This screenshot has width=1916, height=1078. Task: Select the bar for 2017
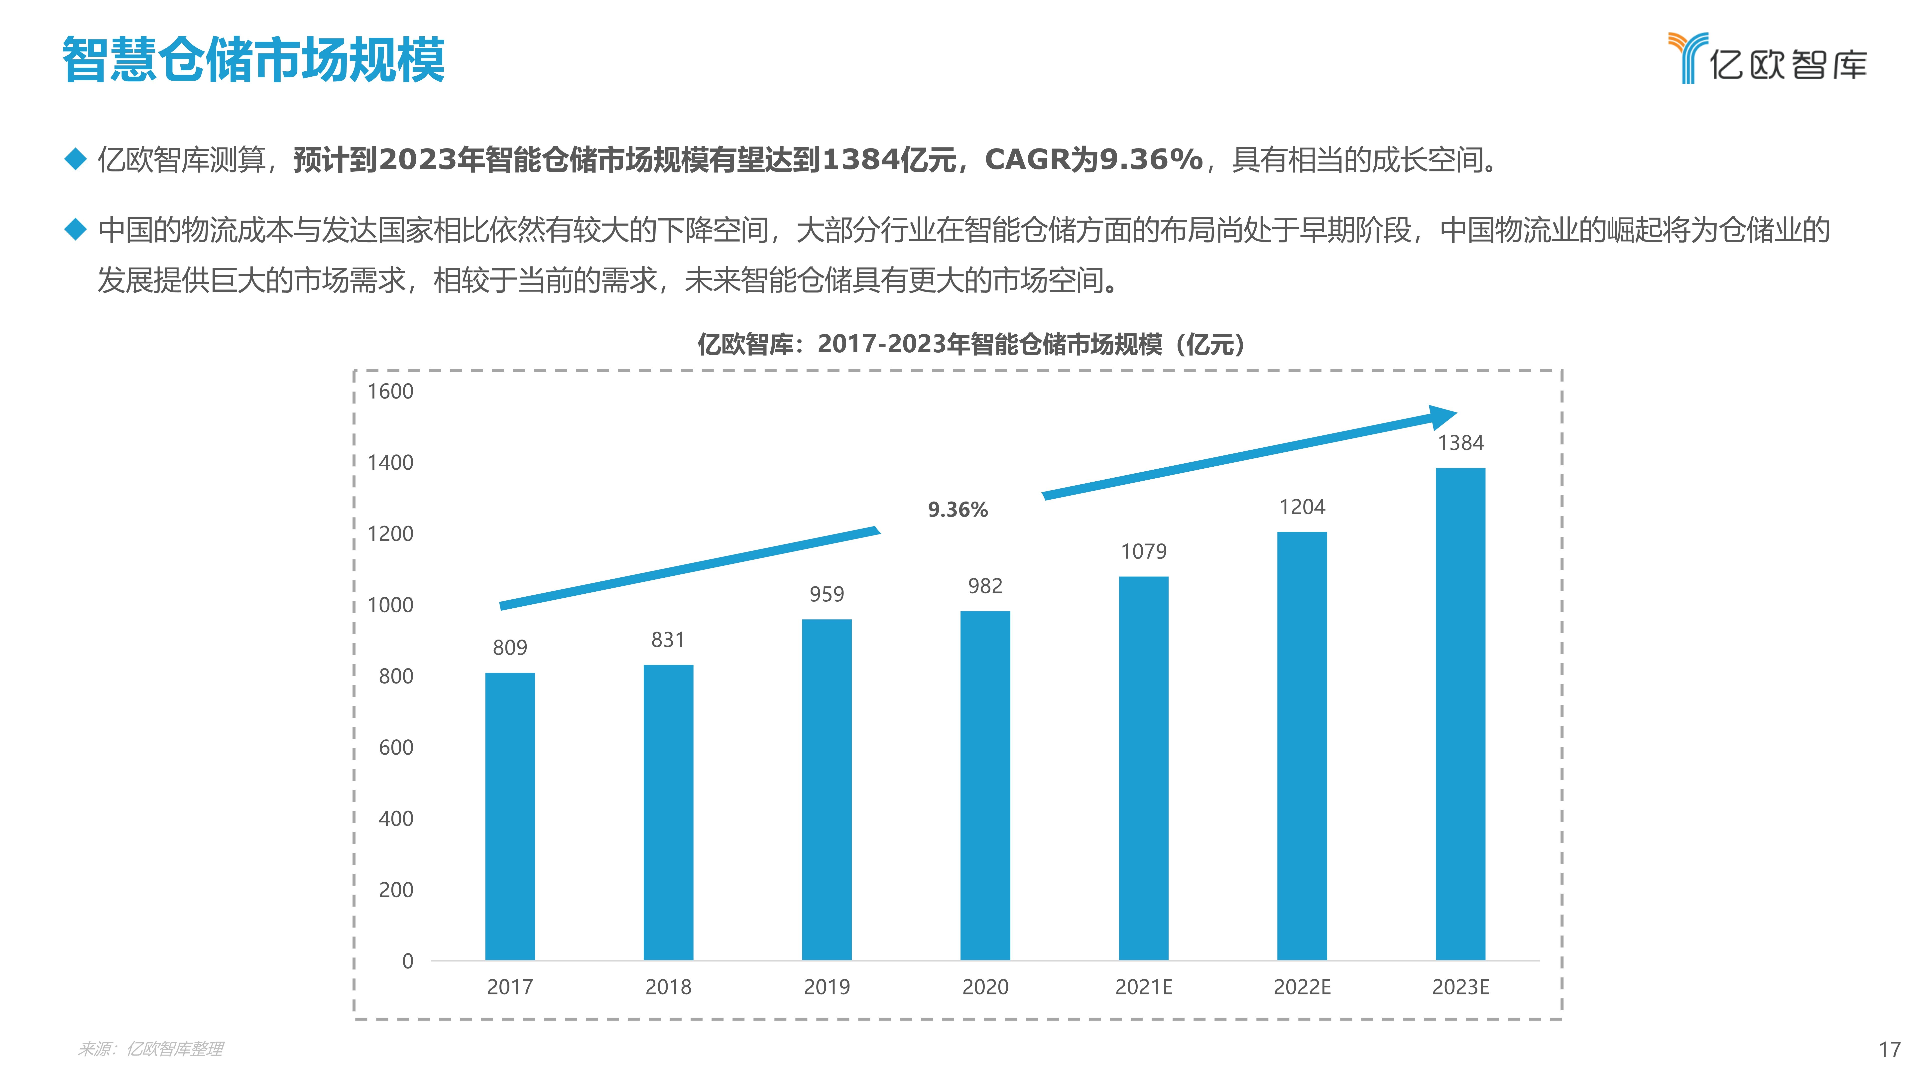(509, 816)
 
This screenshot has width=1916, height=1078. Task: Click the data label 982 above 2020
(985, 586)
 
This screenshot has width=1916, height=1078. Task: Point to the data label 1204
(1302, 507)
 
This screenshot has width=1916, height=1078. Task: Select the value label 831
(667, 640)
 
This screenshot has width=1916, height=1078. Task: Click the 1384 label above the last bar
(1460, 443)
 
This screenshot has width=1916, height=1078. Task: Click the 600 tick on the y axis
(396, 748)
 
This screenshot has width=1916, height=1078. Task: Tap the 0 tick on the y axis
(408, 961)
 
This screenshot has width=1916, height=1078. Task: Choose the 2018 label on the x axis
(668, 987)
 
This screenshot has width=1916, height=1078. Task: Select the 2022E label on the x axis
(1302, 987)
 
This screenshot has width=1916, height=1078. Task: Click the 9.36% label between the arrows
(957, 510)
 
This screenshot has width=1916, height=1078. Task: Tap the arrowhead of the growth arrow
(1443, 417)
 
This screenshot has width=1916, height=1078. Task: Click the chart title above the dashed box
(971, 344)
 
